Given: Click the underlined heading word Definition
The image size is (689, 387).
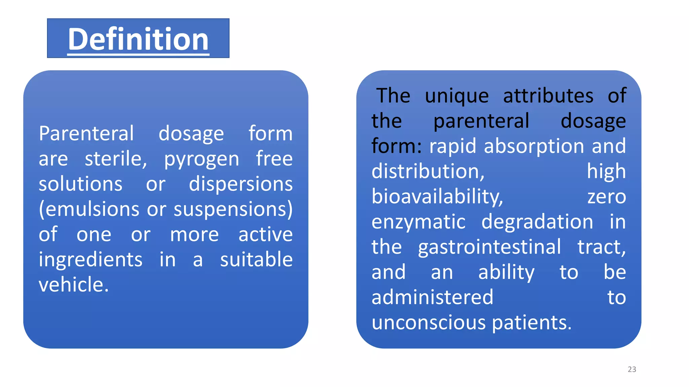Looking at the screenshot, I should [138, 39].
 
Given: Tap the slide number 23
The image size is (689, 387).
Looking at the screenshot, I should [632, 369].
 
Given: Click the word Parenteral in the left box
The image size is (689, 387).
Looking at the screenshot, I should [86, 134].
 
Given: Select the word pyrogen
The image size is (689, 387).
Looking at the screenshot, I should [201, 159].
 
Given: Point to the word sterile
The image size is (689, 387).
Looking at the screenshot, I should [115, 159].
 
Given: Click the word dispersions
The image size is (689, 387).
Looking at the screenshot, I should [241, 184].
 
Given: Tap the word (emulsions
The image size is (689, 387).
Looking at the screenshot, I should [89, 209].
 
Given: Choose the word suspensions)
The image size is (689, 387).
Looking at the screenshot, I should [233, 209].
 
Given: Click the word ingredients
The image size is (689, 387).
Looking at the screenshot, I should [90, 260].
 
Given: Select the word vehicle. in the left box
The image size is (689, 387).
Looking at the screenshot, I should [74, 285].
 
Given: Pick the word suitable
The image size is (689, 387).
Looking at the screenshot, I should [256, 260].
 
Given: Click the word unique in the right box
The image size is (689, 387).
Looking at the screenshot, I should [457, 96].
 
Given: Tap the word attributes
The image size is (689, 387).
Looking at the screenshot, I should [548, 96].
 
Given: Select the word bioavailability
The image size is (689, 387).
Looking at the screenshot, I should [437, 197].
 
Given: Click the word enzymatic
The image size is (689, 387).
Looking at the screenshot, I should [419, 222].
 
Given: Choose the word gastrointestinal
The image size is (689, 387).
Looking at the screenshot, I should [489, 247].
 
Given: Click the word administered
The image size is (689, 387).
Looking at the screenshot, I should [432, 298].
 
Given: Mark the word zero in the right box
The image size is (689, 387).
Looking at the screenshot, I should [606, 197].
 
